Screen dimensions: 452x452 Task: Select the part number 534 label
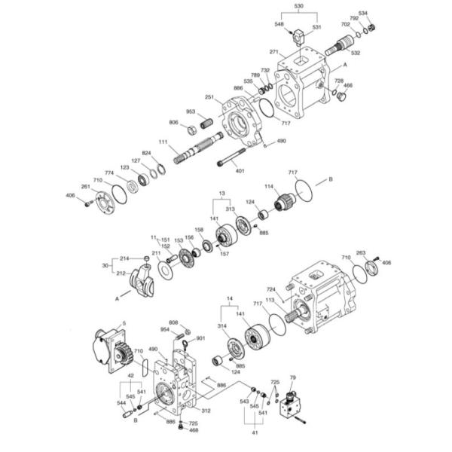pyautogui.click(x=363, y=14)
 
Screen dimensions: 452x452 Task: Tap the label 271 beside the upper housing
pyautogui.click(x=274, y=52)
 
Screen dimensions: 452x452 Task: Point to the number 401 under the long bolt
pyautogui.click(x=240, y=171)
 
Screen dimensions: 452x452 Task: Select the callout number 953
pyautogui.click(x=191, y=111)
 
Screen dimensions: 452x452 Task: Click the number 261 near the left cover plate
pyautogui.click(x=86, y=187)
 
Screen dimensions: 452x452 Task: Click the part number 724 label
pyautogui.click(x=269, y=289)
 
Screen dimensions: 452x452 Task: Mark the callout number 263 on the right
pyautogui.click(x=361, y=253)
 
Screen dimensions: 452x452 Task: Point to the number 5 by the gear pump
pyautogui.click(x=124, y=324)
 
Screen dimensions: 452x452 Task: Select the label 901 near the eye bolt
pyautogui.click(x=200, y=338)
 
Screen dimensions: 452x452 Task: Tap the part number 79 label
pyautogui.click(x=293, y=377)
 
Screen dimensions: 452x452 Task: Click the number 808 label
pyautogui.click(x=173, y=322)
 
